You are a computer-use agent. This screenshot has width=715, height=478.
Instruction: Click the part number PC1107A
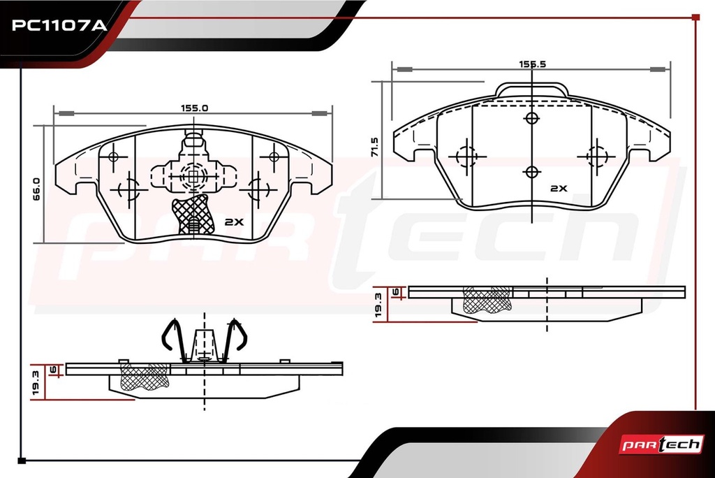(x=59, y=24)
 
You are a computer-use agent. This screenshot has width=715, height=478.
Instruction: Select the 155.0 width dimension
(x=194, y=108)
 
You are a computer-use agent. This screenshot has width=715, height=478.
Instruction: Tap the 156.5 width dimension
(x=532, y=64)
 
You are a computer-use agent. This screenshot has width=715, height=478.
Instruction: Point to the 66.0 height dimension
(x=36, y=189)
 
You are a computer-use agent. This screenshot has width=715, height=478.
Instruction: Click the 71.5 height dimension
(x=375, y=147)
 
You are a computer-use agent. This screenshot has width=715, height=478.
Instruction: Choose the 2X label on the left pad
(x=235, y=222)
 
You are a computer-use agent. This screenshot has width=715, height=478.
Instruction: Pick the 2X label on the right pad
(x=559, y=188)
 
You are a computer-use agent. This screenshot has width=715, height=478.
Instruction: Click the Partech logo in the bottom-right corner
(x=661, y=444)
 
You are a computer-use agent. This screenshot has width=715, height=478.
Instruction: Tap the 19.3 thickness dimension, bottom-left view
(x=36, y=382)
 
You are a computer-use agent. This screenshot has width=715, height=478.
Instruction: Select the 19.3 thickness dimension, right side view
(x=378, y=305)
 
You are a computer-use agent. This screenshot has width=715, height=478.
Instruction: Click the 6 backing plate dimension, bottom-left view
(x=53, y=370)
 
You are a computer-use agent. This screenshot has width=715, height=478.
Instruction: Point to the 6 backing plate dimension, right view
(x=396, y=291)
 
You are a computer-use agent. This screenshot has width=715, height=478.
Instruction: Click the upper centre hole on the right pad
(x=532, y=118)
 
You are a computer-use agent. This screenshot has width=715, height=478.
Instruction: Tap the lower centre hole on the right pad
(x=532, y=172)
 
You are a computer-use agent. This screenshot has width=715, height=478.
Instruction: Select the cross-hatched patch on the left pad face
(x=193, y=215)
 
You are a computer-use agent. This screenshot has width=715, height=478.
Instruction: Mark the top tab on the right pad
(x=532, y=89)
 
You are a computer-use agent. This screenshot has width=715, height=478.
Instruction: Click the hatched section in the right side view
(x=487, y=300)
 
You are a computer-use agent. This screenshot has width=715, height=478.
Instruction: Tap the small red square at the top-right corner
(x=695, y=17)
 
